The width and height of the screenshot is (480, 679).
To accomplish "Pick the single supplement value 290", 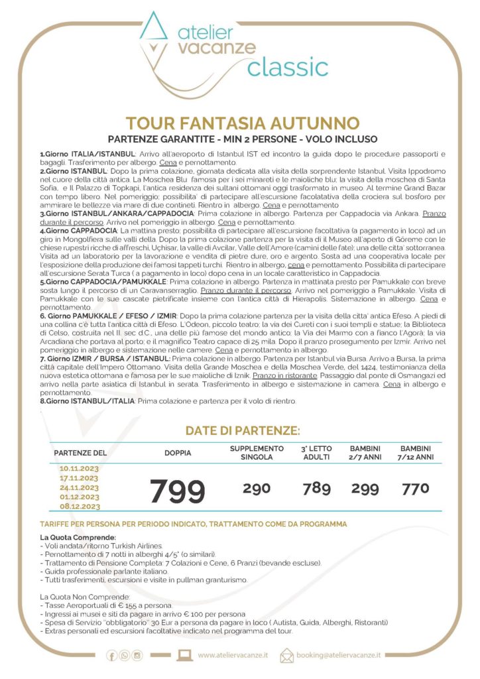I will (x=256, y=489).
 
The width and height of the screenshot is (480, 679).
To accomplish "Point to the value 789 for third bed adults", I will (x=316, y=489).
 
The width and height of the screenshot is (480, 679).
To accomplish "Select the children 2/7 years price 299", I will (x=365, y=489).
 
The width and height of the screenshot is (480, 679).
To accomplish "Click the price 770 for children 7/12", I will (x=415, y=489).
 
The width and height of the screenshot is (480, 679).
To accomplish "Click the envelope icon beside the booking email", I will (x=286, y=655).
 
